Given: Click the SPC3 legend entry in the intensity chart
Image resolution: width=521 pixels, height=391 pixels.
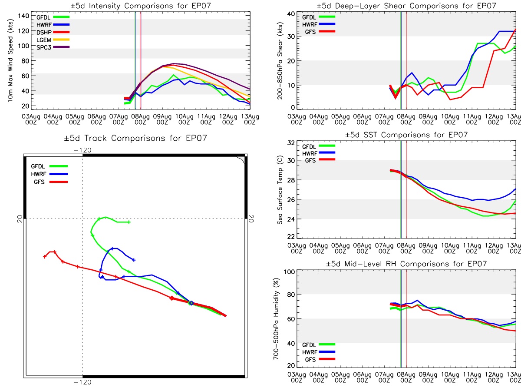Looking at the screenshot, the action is click(53, 47).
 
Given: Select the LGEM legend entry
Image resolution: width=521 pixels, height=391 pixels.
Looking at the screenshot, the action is click(53, 40).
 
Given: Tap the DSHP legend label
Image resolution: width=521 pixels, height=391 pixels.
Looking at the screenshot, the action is click(44, 32).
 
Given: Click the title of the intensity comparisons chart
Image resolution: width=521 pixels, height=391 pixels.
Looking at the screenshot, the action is click(141, 6).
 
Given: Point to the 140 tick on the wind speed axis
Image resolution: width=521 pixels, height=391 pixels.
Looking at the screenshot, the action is click(23, 16).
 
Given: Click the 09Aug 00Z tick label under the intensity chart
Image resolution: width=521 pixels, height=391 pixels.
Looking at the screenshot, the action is click(162, 119).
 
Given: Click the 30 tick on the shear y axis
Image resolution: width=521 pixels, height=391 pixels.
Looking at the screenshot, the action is click(291, 36).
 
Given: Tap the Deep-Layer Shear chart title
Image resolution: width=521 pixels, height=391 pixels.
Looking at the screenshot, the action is click(406, 6).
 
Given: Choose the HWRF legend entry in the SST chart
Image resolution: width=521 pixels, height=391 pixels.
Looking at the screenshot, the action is click(319, 153).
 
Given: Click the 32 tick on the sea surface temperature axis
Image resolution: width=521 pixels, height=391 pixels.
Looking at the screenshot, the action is click(291, 143).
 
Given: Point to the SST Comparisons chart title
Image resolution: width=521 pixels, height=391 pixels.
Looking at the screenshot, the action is click(406, 135).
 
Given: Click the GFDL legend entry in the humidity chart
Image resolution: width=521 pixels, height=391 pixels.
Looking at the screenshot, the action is click(319, 345).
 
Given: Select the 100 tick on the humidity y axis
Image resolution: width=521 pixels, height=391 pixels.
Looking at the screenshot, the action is click(290, 272).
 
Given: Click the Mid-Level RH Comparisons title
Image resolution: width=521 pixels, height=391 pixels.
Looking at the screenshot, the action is click(406, 264).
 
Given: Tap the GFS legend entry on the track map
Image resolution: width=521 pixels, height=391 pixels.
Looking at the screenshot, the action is click(51, 182).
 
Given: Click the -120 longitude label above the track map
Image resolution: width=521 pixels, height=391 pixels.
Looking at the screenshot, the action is click(82, 150).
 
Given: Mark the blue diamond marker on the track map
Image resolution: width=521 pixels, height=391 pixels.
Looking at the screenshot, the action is click(191, 303).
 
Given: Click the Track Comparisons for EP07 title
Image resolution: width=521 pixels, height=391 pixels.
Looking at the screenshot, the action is click(135, 138).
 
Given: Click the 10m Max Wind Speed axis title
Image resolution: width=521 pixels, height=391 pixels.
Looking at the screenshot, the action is click(10, 61).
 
